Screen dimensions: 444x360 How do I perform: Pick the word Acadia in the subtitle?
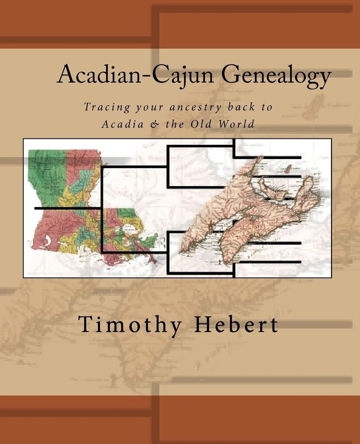122,124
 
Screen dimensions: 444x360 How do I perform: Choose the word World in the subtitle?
237,124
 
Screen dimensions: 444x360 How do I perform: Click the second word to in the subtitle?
266,107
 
